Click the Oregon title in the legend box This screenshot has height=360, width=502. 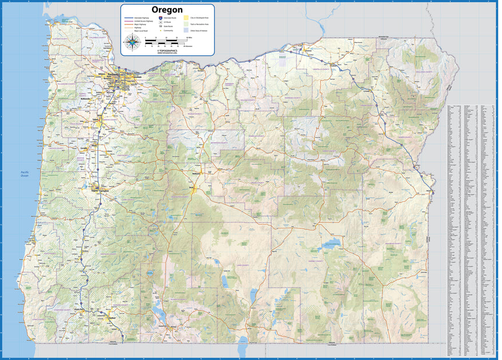[x=167, y=10]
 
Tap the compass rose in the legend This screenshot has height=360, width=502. [x=133, y=41]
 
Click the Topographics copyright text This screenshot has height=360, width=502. [x=168, y=50]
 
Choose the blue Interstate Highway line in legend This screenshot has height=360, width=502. [x=129, y=18]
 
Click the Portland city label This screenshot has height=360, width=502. [x=114, y=75]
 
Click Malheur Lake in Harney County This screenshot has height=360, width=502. [x=332, y=246]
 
